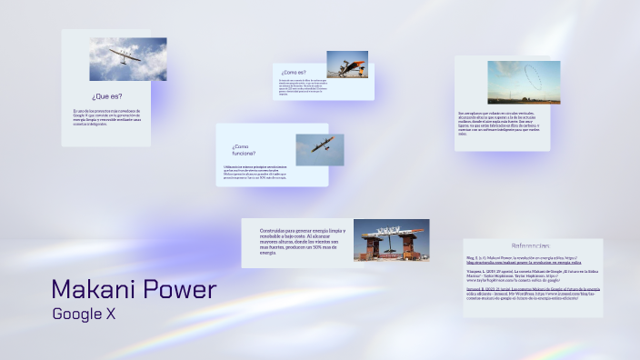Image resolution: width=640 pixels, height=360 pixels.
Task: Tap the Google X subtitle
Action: click(84, 315)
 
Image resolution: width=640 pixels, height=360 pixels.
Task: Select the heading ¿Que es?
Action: click(106, 95)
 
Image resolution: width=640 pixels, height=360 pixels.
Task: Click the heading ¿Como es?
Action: click(294, 72)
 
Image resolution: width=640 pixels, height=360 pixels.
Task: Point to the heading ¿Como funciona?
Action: click(244, 150)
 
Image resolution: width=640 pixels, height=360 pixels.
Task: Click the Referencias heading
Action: click(530, 246)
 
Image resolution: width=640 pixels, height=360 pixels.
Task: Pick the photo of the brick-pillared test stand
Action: click(391, 241)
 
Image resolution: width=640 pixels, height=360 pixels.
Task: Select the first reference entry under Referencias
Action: click(530, 260)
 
